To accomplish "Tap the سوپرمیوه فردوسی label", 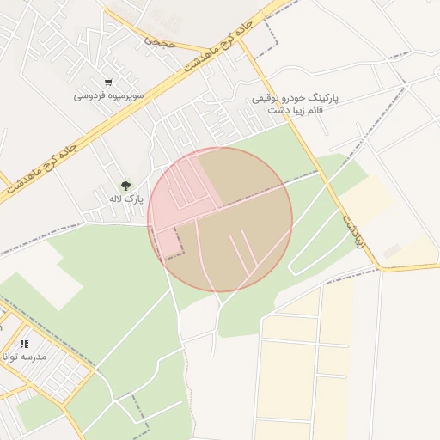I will coord(108,95).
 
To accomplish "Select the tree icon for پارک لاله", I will coord(126,185).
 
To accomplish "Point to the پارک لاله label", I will coord(125,199).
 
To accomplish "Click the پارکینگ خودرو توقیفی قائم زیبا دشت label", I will coord(295,104).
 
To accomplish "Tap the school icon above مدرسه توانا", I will coord(24,343).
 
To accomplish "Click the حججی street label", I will coord(160,40).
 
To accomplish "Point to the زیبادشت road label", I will coord(353,230).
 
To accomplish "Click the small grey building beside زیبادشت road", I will coord(392,250).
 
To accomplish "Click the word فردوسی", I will coord(89,95).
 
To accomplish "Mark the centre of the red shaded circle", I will coord(220,219).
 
